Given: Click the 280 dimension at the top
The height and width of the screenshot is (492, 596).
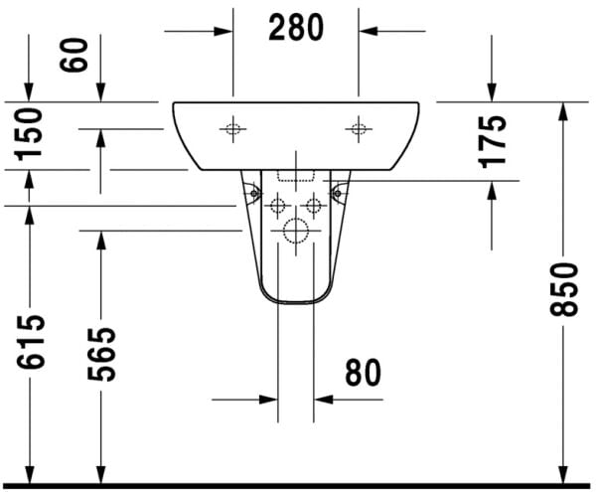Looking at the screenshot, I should [x=296, y=29].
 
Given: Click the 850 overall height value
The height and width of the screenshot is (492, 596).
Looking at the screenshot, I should [x=563, y=289].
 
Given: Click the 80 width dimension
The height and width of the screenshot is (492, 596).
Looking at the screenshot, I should [x=363, y=373].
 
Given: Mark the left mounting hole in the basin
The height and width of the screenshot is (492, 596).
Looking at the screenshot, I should [x=233, y=127].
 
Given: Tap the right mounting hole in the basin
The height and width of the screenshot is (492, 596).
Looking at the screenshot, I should [x=359, y=127].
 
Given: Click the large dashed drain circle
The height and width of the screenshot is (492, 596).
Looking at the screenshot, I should [x=296, y=232].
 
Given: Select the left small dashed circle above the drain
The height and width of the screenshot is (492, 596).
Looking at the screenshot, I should [x=278, y=207].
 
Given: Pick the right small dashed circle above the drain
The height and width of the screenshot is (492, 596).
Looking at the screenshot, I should [x=314, y=207].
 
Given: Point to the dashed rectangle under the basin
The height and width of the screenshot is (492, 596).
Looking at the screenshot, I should [x=296, y=176].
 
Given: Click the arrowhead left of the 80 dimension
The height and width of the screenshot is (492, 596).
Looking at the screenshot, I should [x=266, y=400].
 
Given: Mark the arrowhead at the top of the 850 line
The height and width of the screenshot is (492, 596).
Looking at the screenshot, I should [x=563, y=110].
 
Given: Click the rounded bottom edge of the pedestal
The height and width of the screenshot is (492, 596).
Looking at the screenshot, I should [x=296, y=300].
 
